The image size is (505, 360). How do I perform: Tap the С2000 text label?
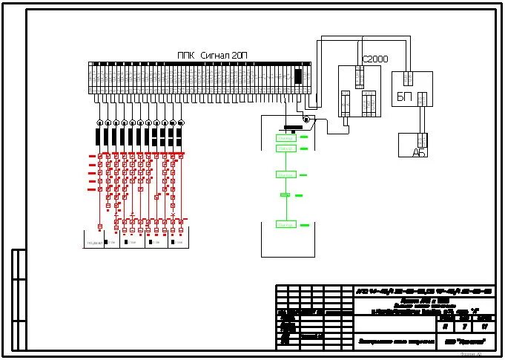click(374, 59)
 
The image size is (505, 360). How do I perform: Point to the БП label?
click(404, 98)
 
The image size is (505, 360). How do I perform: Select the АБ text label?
click(420, 151)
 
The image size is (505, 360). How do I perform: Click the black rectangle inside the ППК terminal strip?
click(298, 76)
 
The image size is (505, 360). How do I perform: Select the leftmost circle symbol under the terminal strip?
click(100, 122)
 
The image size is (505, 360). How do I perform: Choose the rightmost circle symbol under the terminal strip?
click(181, 122)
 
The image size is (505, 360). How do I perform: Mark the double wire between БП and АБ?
click(422, 119)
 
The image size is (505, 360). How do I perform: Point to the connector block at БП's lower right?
click(422, 98)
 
